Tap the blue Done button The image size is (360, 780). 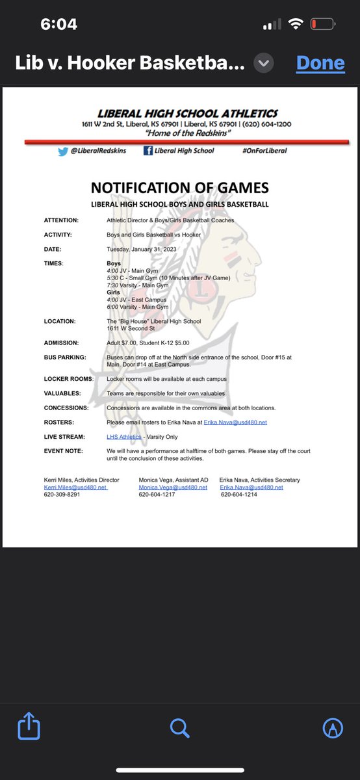pos(320,63)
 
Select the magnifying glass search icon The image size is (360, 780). pos(179,728)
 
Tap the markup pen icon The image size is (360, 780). pos(333,728)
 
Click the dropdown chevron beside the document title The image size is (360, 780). pos(264,63)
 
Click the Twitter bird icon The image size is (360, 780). pos(62,150)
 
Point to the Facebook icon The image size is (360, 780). pos(148,150)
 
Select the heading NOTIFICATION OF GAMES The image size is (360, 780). pos(179,188)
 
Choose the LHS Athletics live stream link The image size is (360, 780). pos(124,437)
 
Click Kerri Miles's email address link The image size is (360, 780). pos(75,487)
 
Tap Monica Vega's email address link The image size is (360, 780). pos(173,487)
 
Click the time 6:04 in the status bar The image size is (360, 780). pos(58,25)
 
